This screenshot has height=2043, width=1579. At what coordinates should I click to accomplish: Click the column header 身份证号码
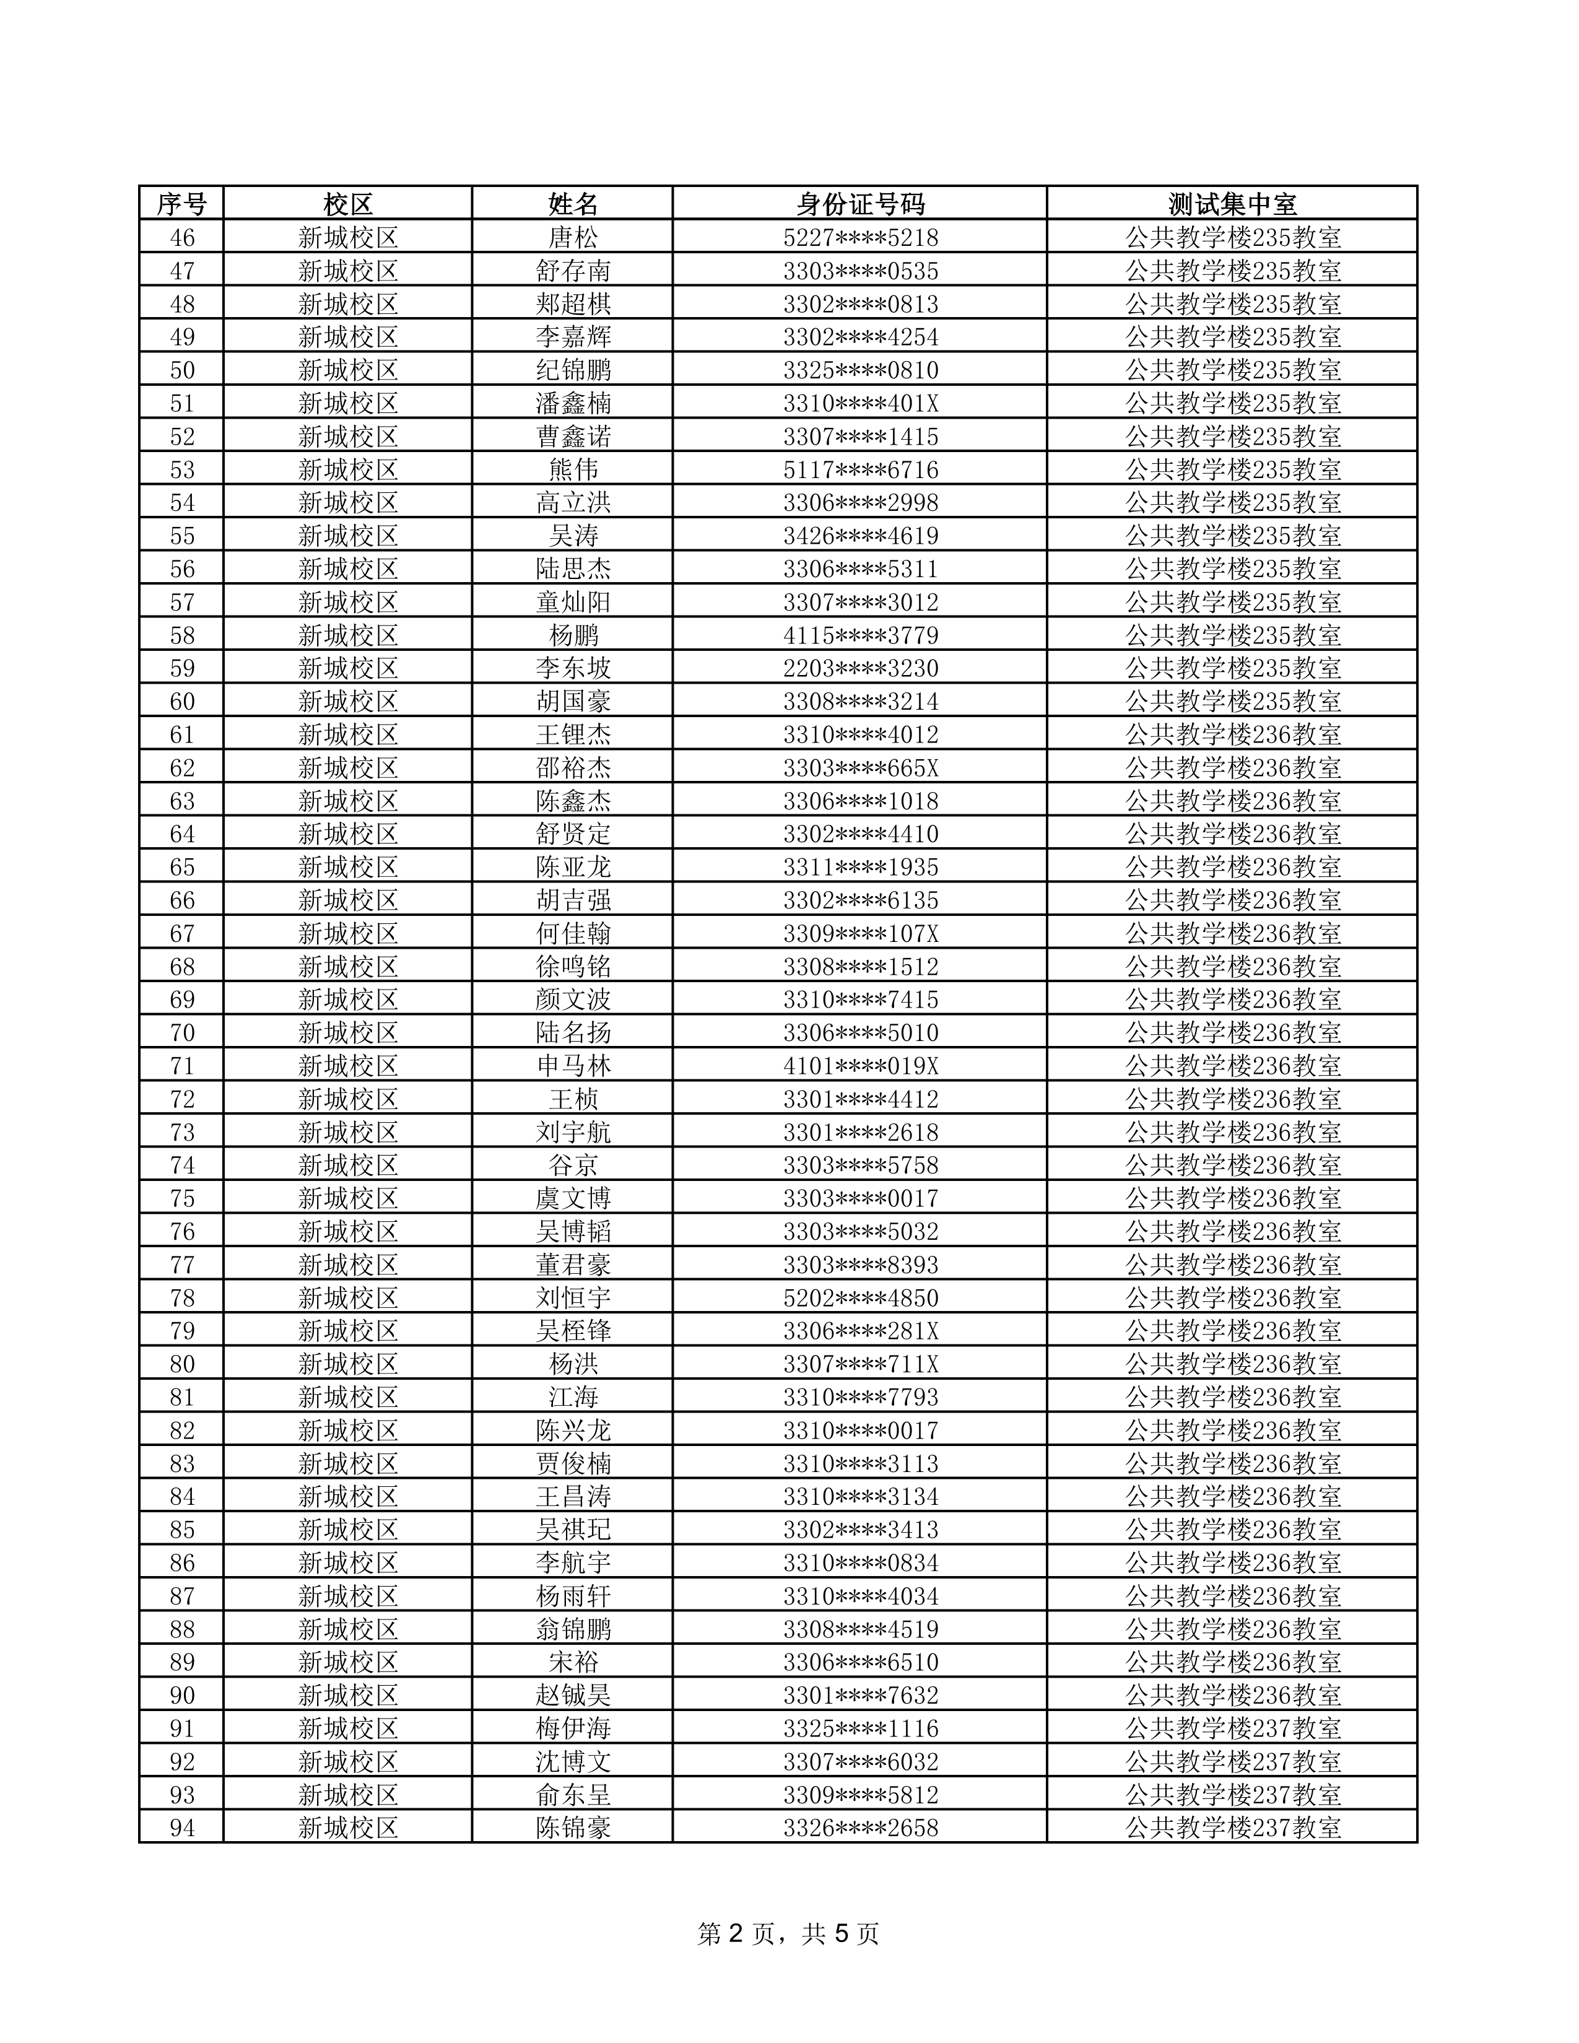[859, 204]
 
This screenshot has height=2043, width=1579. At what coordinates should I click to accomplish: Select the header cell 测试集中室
[1232, 204]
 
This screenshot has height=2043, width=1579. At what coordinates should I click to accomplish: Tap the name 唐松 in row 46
[573, 238]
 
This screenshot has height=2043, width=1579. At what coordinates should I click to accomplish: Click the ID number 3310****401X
[859, 403]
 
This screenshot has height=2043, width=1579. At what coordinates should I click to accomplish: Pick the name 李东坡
[573, 668]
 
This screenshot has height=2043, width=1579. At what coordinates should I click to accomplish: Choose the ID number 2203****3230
[859, 668]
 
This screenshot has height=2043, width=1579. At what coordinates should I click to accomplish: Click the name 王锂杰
[573, 734]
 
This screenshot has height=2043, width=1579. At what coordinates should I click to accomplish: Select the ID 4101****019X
[859, 1065]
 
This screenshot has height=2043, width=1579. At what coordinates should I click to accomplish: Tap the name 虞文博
[573, 1198]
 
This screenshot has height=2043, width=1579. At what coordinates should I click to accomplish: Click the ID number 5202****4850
[859, 1297]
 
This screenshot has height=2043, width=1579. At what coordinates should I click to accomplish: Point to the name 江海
[573, 1396]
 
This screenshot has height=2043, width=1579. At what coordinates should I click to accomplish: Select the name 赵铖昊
[573, 1695]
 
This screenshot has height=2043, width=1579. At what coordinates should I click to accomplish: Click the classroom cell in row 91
[1232, 1728]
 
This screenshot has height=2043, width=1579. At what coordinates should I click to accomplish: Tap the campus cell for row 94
[348, 1827]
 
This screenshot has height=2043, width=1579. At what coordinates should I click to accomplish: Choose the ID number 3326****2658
[859, 1827]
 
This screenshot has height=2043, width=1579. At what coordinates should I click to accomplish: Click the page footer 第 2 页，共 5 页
[788, 1933]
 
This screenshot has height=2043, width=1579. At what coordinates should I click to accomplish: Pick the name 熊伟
[573, 469]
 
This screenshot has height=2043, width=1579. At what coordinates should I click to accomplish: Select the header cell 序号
[181, 204]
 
